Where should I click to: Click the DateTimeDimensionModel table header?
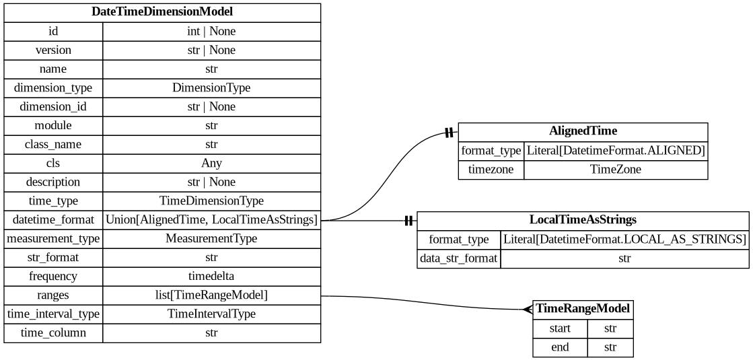[x=162, y=12]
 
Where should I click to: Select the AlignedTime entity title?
[x=583, y=131]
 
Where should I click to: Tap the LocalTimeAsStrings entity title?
[x=583, y=220]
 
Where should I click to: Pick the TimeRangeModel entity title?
[x=583, y=309]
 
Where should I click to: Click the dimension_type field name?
[x=53, y=87]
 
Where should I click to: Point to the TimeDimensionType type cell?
[x=211, y=201]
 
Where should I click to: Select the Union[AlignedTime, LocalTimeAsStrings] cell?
[x=211, y=219]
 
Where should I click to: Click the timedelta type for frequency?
[x=211, y=276]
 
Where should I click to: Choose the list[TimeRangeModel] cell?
[x=211, y=295]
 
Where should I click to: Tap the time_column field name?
[x=53, y=332]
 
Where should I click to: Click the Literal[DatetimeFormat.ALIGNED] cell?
[x=616, y=151]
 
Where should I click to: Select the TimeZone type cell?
[x=616, y=170]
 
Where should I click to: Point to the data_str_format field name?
[x=459, y=258]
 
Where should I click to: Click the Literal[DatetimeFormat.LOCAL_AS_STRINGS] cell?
[x=624, y=240]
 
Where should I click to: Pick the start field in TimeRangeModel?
[x=560, y=328]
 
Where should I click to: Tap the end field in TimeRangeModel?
[x=560, y=347]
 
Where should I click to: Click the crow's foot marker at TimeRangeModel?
[x=528, y=309]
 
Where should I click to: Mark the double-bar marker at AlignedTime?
[x=448, y=133]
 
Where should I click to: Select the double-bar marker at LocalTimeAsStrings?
[x=408, y=221]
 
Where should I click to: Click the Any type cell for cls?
[x=211, y=163]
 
